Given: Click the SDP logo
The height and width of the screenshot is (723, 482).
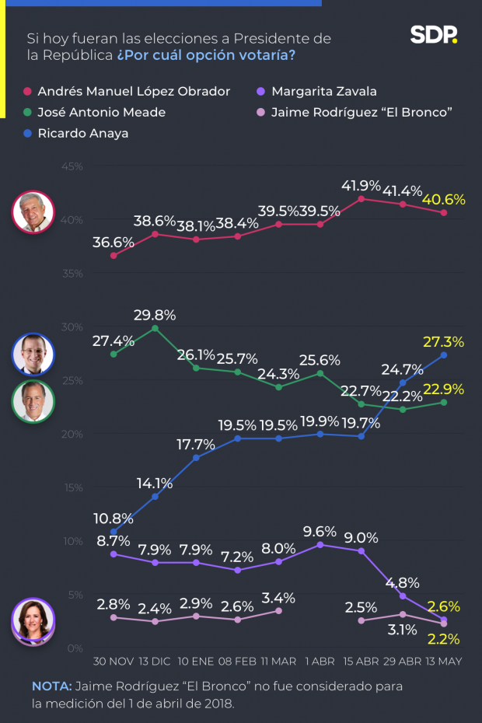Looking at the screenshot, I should [x=434, y=35].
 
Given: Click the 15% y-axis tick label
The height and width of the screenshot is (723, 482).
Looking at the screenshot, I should [x=72, y=487].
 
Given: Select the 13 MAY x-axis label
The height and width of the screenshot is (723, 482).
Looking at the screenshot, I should [x=444, y=661].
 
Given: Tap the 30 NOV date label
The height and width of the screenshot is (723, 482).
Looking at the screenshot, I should [x=113, y=661].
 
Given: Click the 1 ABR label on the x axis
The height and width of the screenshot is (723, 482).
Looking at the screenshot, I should [x=320, y=661].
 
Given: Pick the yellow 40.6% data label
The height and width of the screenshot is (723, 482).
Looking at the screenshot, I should [x=443, y=200].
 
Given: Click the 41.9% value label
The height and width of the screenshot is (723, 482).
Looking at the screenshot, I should [x=361, y=186].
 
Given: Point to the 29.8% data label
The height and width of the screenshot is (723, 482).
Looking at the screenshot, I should [x=155, y=315].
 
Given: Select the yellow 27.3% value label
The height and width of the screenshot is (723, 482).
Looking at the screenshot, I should [x=443, y=341].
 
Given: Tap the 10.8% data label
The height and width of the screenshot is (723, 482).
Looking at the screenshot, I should [x=114, y=518].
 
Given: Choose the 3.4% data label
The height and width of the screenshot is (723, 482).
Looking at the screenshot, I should [x=278, y=598].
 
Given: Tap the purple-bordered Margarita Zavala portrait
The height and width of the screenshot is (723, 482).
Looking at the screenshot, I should [x=33, y=623].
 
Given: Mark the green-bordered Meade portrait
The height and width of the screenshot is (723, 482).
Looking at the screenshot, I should [x=33, y=401].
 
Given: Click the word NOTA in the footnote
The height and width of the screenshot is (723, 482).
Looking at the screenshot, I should [x=50, y=687].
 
